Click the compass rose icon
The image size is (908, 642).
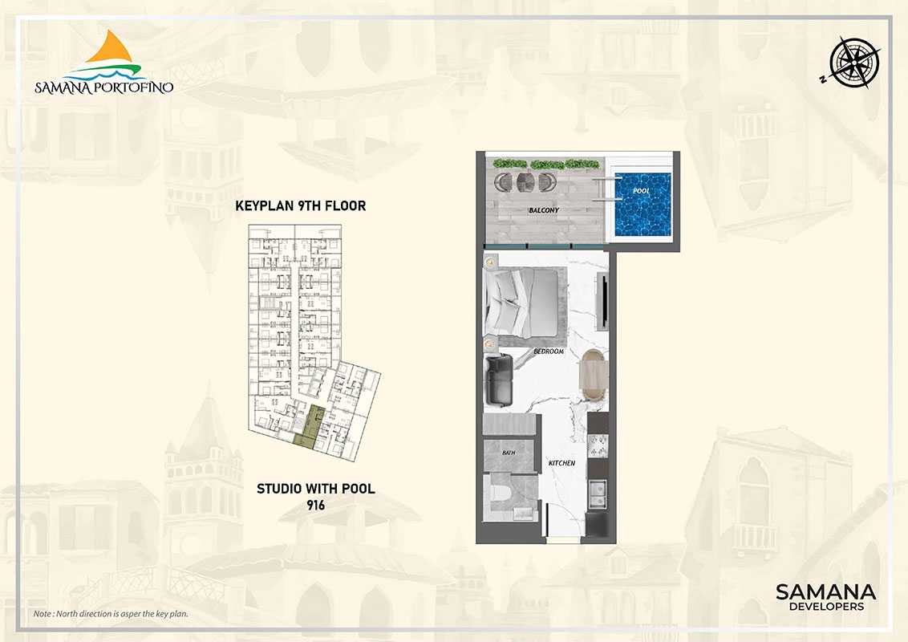[854, 62]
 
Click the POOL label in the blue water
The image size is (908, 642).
[641, 191]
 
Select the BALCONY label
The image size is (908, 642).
[543, 210]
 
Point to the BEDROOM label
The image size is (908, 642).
[549, 351]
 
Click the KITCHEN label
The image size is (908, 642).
[561, 463]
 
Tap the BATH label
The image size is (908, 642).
[509, 452]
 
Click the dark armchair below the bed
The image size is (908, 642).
[500, 380]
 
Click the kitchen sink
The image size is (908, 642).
[597, 493]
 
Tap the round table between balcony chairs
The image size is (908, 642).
[526, 182]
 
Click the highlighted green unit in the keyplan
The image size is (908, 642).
[310, 429]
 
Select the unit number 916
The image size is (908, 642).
[315, 506]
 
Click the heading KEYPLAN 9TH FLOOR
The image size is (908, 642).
[301, 205]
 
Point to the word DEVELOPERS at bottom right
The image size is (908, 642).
[826, 607]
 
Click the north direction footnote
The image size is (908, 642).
[111, 614]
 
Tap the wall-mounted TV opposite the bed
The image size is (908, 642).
[603, 303]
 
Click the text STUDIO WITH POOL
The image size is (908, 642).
[315, 489]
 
